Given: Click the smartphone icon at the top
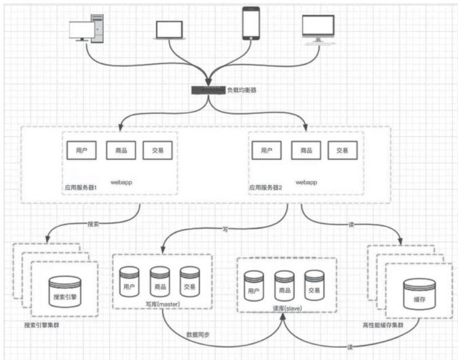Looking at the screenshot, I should (x=251, y=24).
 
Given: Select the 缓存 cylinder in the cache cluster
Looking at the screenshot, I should (x=412, y=296).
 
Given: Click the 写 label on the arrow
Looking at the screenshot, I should (x=225, y=230).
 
